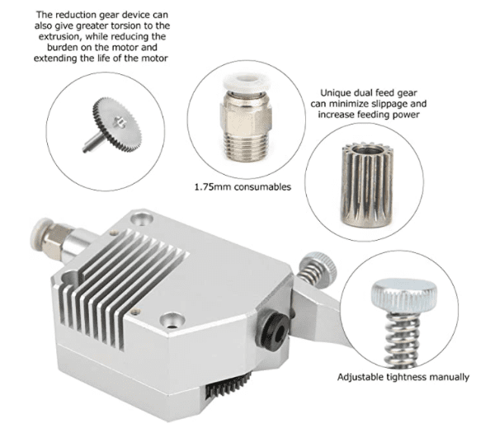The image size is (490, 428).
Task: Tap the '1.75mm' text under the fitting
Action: click(213, 187)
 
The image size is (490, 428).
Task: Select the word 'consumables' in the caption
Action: click(262, 187)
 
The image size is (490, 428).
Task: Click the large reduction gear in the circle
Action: click(117, 125)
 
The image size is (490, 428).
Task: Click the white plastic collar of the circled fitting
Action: click(247, 82)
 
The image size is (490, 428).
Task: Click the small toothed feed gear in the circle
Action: click(366, 185)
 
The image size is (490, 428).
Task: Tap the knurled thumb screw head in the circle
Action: click(403, 295)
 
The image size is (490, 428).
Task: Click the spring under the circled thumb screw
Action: click(403, 339)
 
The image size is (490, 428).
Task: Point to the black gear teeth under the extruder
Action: click(229, 385)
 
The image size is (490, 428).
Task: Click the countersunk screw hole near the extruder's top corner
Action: click(142, 219)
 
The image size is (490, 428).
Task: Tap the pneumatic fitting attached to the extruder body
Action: click(53, 238)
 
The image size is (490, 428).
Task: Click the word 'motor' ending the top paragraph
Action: click(155, 59)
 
